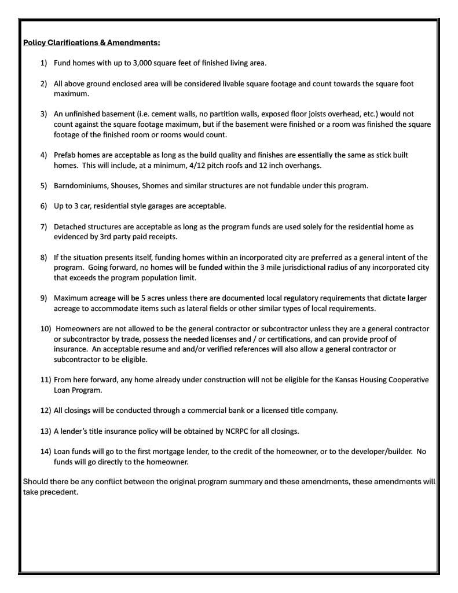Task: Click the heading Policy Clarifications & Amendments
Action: click(x=91, y=42)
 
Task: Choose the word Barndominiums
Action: click(x=81, y=186)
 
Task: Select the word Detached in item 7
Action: click(x=69, y=227)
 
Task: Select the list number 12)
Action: click(x=46, y=411)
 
